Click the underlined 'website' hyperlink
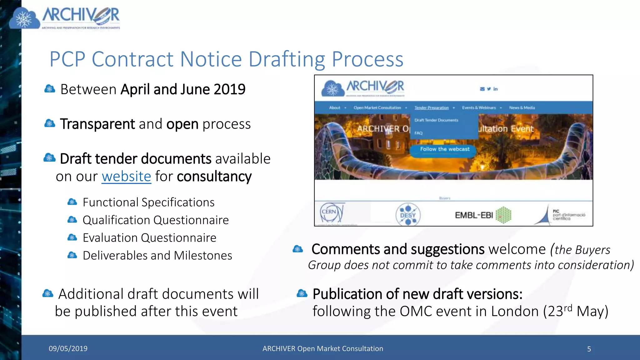[126, 177]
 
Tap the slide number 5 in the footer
[589, 349]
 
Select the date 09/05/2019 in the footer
[68, 348]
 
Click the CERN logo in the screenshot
[331, 213]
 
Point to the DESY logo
[408, 215]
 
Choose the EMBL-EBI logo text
[474, 215]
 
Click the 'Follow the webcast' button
[444, 149]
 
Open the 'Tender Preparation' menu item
[431, 108]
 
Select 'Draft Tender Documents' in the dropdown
[436, 120]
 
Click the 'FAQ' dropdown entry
[418, 133]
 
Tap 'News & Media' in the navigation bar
[522, 108]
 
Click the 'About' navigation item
[334, 108]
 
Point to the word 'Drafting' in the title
[287, 59]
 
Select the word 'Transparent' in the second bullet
[97, 124]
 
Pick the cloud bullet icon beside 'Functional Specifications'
[72, 202]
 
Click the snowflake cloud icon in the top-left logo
[24, 19]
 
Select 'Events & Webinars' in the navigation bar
[479, 108]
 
